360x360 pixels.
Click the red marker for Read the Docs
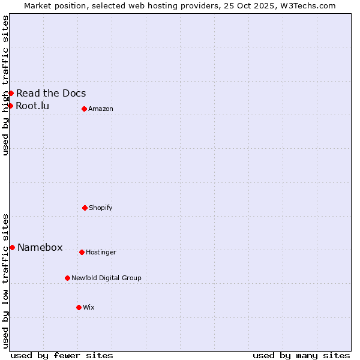click(x=11, y=93)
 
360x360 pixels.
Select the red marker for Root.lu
click(x=10, y=106)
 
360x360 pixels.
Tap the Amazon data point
click(x=84, y=109)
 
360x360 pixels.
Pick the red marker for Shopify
click(x=85, y=208)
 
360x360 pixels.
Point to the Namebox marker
click(x=12, y=247)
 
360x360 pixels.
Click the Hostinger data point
click(x=82, y=252)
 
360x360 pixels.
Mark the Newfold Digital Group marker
click(x=67, y=278)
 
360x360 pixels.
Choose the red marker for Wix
click(x=79, y=307)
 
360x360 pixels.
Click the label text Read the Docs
click(x=51, y=93)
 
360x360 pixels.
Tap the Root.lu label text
click(x=32, y=106)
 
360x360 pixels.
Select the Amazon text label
click(x=101, y=109)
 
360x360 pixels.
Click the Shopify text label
click(x=101, y=208)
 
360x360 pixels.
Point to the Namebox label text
click(x=40, y=248)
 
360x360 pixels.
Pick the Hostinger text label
click(x=101, y=252)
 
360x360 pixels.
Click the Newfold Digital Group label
click(x=106, y=278)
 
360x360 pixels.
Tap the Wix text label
click(x=89, y=307)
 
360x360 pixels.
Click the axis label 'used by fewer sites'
click(x=62, y=355)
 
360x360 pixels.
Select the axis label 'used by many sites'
click(x=301, y=355)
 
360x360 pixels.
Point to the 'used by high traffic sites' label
click(x=5, y=85)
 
